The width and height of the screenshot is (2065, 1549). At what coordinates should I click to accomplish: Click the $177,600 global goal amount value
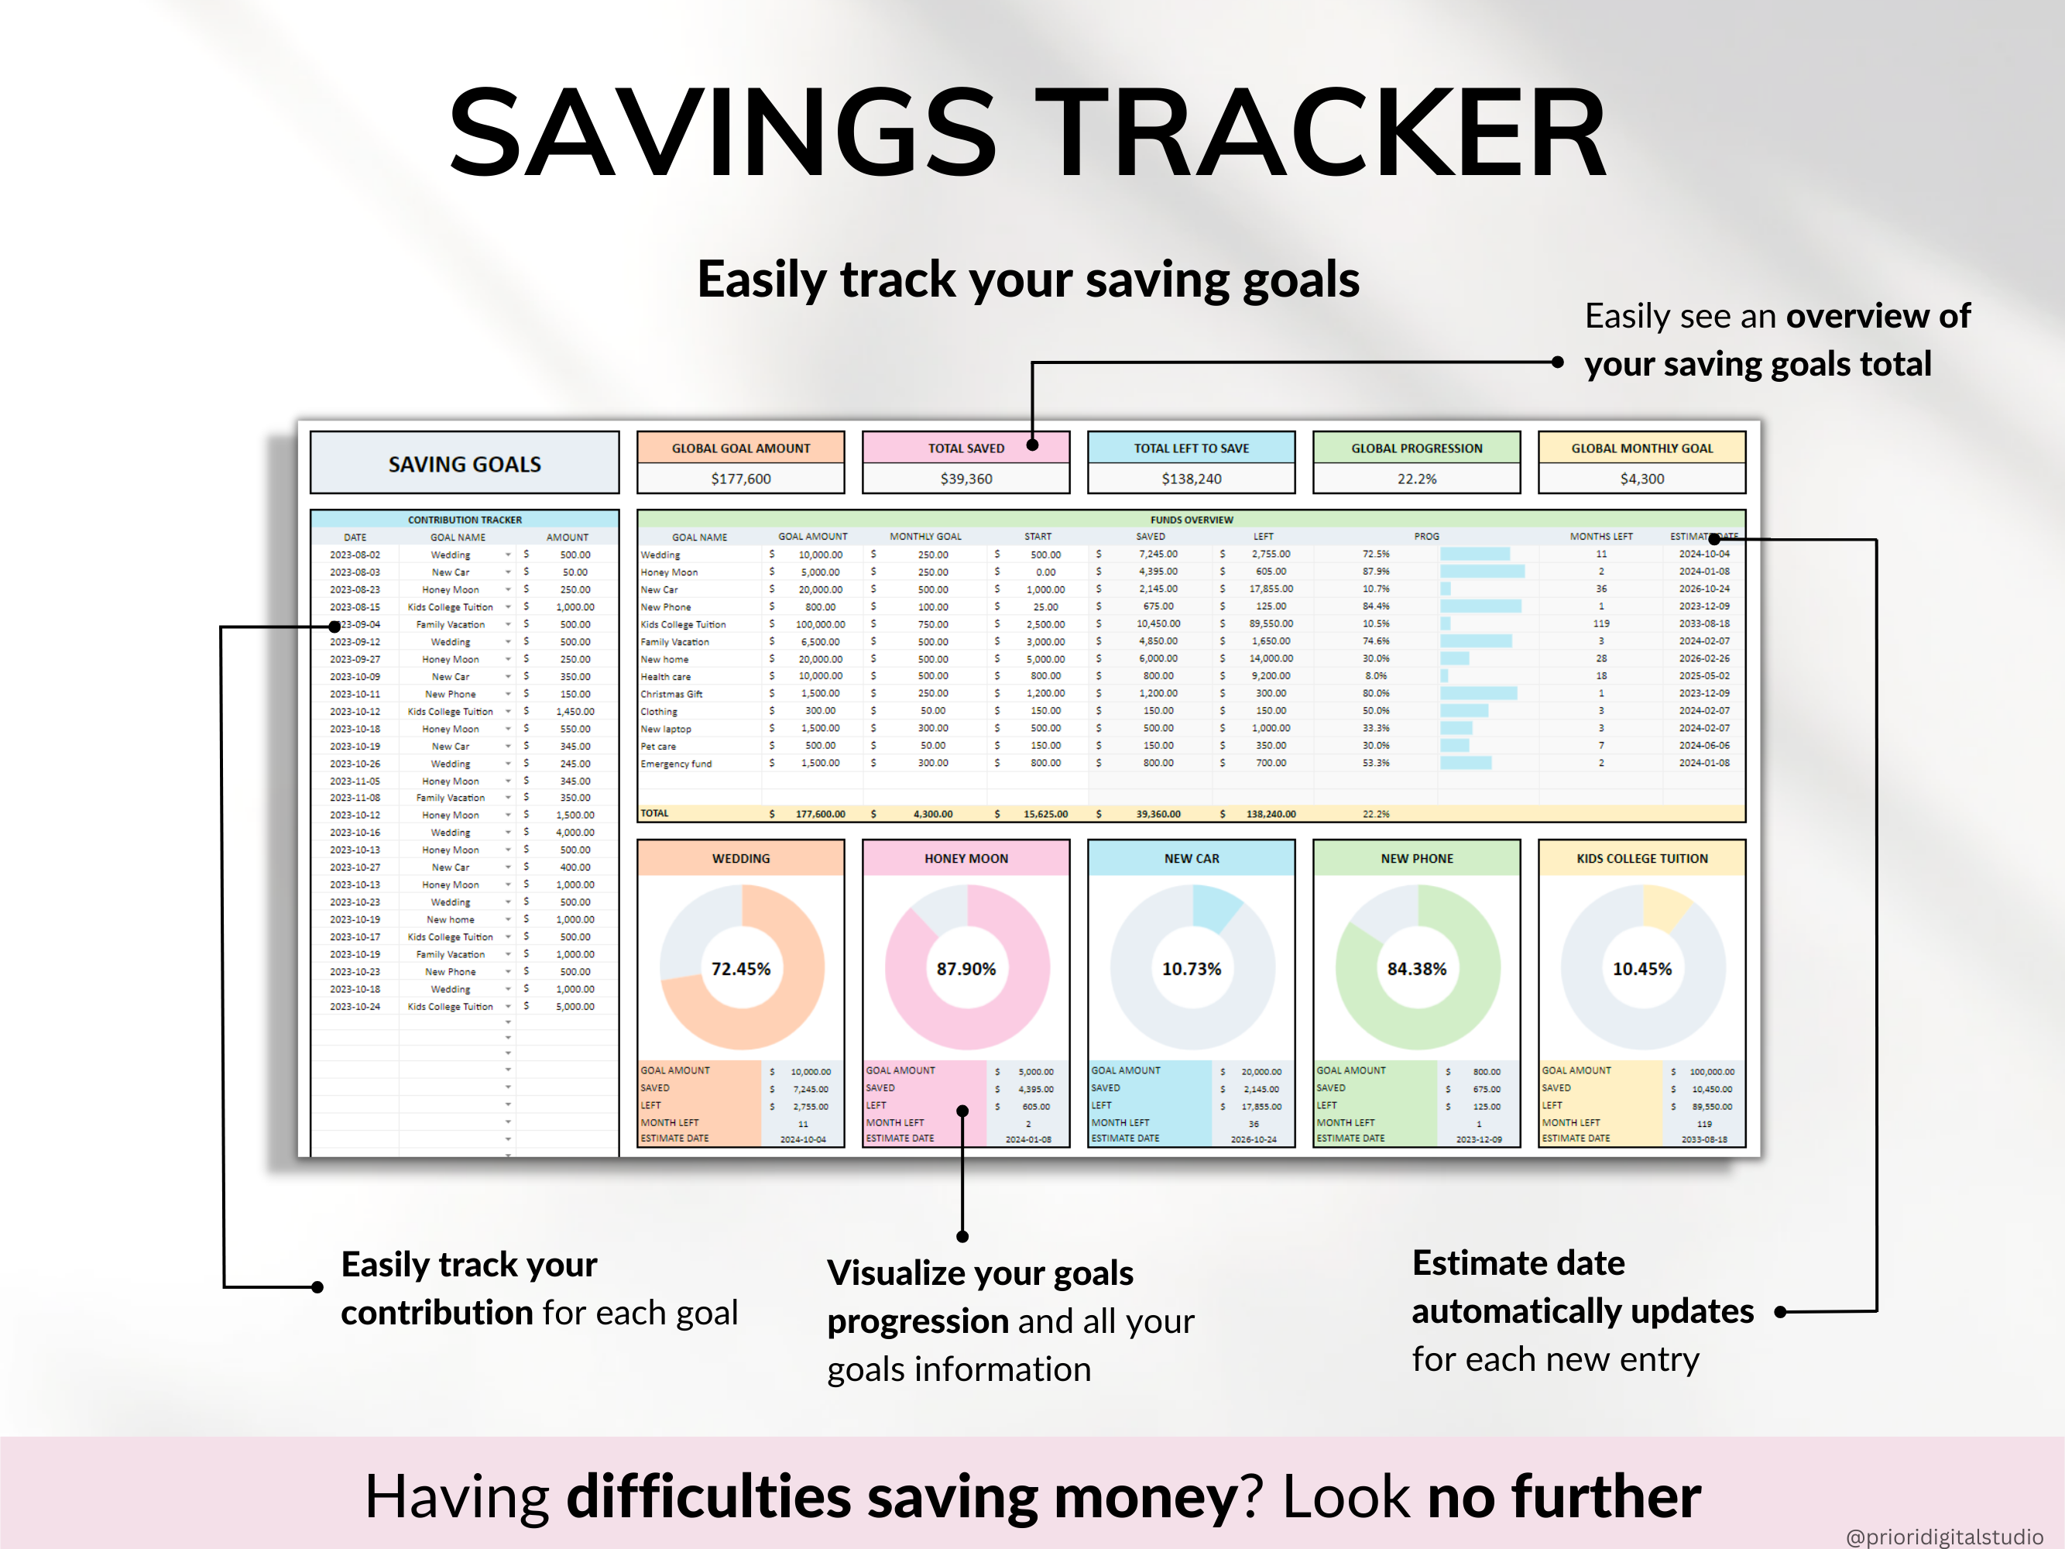740,479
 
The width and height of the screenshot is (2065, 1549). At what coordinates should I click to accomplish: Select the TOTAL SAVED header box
966,448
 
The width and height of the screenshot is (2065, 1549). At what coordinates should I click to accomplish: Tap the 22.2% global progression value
1416,479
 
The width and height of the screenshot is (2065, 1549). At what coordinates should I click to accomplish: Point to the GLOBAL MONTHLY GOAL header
1641,448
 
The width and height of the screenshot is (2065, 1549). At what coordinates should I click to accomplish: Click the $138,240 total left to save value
1191,479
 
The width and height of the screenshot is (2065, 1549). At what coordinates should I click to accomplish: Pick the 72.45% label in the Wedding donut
740,969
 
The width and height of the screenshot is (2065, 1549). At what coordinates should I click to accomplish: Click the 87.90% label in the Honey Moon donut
966,969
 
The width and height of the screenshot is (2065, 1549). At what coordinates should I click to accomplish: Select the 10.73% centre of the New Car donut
1191,969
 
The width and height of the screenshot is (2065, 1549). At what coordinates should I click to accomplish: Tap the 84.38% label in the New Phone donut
1416,969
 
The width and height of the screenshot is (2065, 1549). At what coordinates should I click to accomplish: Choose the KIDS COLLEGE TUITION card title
1641,858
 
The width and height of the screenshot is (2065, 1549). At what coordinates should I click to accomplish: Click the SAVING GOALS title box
464,463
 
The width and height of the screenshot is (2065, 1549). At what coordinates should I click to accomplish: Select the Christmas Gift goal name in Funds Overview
671,694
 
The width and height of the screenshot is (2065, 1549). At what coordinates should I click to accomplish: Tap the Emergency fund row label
676,764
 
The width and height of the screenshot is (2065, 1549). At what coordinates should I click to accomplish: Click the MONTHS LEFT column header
1600,537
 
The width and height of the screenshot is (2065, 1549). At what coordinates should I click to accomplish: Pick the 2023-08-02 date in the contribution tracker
355,555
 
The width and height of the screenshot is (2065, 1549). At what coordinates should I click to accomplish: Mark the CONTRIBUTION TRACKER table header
464,520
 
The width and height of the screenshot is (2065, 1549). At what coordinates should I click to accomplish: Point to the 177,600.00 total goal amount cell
820,814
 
